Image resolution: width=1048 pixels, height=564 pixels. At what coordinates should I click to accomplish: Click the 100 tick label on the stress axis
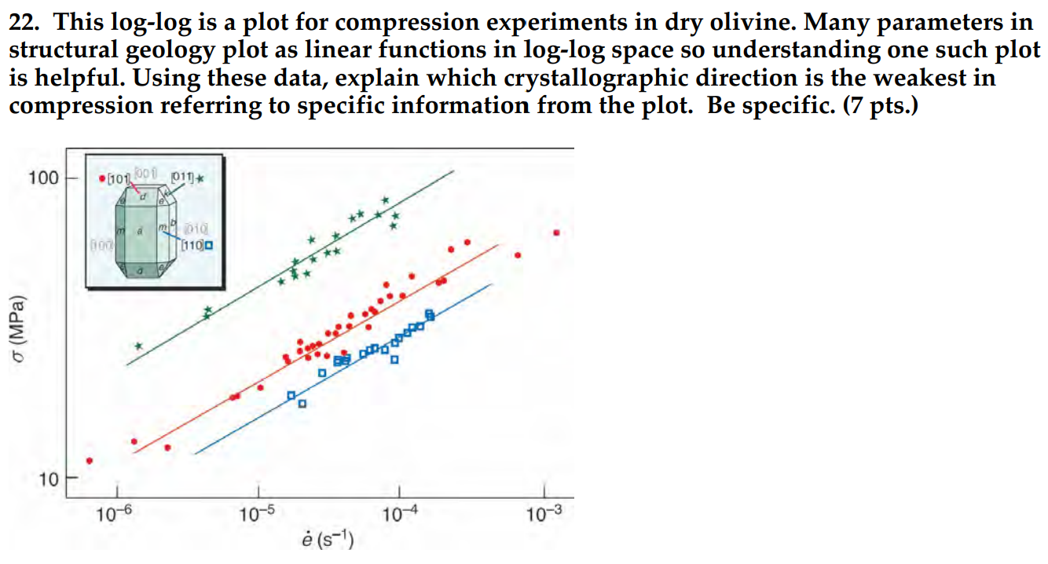(x=43, y=178)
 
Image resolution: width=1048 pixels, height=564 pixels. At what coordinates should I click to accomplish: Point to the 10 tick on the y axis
(x=48, y=479)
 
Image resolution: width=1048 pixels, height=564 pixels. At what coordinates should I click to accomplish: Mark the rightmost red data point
(x=557, y=233)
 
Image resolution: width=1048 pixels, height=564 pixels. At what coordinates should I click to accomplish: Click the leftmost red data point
(x=90, y=461)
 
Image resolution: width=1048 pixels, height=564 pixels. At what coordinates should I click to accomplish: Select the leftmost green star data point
(x=139, y=346)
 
